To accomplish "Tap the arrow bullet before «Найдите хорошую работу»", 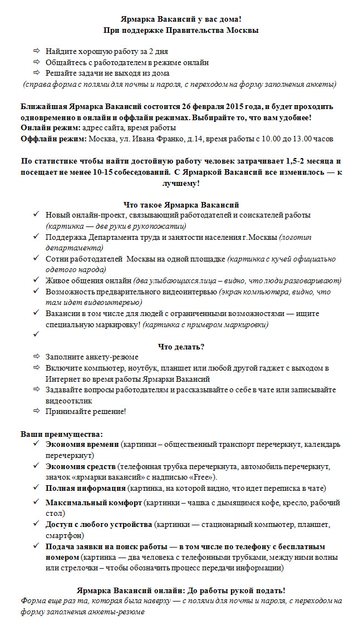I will pyautogui.click(x=37, y=51).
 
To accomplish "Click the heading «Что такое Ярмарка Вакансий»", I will pyautogui.click(x=181, y=204).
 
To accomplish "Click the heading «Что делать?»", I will pyautogui.click(x=181, y=346).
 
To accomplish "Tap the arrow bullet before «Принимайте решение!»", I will pyautogui.click(x=37, y=411).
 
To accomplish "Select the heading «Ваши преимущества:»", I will pyautogui.click(x=62, y=433).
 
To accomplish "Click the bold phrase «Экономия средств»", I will pyautogui.click(x=81, y=466).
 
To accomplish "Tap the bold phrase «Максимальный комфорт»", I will pyautogui.click(x=93, y=502).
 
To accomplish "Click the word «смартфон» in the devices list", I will pyautogui.click(x=63, y=535).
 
